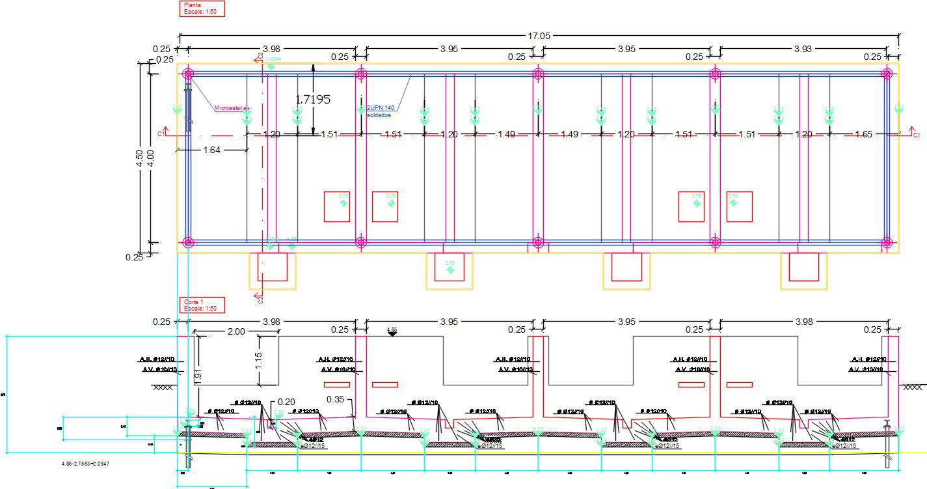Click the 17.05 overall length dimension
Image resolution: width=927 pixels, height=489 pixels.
click(539, 36)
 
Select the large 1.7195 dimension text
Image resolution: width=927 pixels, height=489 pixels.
click(313, 100)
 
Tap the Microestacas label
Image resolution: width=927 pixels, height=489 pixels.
click(232, 109)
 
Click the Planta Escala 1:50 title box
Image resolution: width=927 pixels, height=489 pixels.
click(202, 8)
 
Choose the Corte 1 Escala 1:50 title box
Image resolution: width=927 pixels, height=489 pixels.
click(202, 305)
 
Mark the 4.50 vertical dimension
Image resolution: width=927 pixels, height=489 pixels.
click(139, 158)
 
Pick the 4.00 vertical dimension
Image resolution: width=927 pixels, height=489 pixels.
click(151, 158)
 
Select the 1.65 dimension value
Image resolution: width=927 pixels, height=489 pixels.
click(863, 135)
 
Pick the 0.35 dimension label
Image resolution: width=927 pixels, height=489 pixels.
click(336, 398)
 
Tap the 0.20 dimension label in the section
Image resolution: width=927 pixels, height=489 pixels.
click(286, 402)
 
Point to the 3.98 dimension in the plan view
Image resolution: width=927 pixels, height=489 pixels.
click(272, 49)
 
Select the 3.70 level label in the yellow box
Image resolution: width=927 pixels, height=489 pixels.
click(450, 263)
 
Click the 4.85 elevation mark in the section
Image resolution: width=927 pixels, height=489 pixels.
click(392, 329)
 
